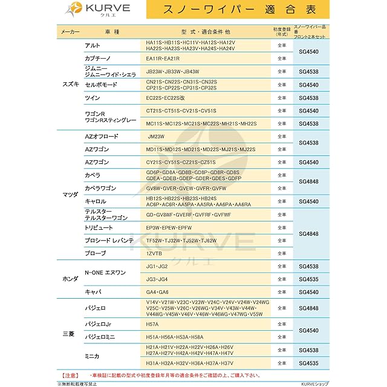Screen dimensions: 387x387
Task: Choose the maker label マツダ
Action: coord(70,195)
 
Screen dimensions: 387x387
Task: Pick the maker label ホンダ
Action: coord(70,279)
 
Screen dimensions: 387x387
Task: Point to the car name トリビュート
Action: coord(99,228)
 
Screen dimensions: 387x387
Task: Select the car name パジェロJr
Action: coord(98,324)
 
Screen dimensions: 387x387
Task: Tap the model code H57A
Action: coord(152,324)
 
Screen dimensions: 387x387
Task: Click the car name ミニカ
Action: coord(92,356)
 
